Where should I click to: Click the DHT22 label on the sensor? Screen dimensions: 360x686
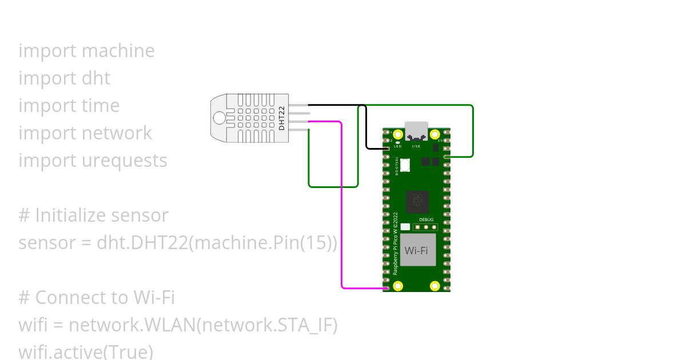click(x=281, y=118)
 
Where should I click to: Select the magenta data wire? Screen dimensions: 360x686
click(x=342, y=217)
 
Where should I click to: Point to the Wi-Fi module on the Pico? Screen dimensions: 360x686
click(x=417, y=250)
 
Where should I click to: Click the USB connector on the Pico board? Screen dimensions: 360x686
click(x=416, y=131)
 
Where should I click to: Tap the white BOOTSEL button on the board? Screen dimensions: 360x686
click(x=405, y=165)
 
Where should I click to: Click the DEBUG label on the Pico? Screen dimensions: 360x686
click(x=426, y=219)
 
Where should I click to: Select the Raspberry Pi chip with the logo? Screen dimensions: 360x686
click(x=417, y=202)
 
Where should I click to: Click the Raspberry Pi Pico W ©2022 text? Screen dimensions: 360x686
click(x=396, y=244)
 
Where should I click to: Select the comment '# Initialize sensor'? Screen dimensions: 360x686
click(x=93, y=215)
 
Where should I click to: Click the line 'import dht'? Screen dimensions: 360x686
click(x=64, y=78)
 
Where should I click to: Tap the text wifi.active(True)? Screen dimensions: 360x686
click(x=86, y=351)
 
